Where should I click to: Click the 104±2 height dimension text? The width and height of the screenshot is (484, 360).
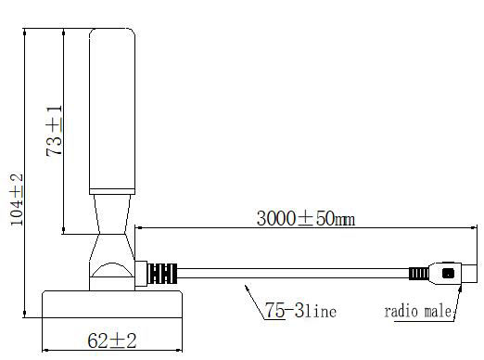tap(17, 199)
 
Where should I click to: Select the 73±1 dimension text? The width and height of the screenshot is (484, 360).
tap(54, 131)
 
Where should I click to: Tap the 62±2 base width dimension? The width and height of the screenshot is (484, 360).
tap(112, 341)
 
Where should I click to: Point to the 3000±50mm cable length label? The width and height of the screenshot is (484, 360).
tap(306, 218)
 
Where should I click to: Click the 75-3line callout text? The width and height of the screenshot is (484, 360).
tap(300, 310)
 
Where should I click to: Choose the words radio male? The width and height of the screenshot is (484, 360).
tap(417, 311)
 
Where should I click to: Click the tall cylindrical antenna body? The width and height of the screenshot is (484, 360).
tap(112, 109)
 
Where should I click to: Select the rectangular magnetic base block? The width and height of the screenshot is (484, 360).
tap(112, 304)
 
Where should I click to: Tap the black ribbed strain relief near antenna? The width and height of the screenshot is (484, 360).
tap(162, 274)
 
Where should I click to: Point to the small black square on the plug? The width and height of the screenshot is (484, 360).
tap(448, 274)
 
